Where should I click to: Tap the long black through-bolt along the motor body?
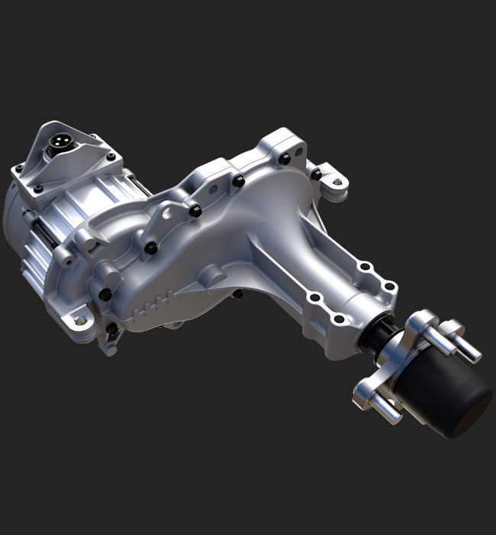[42, 230]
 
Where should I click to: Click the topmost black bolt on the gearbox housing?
[284, 158]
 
